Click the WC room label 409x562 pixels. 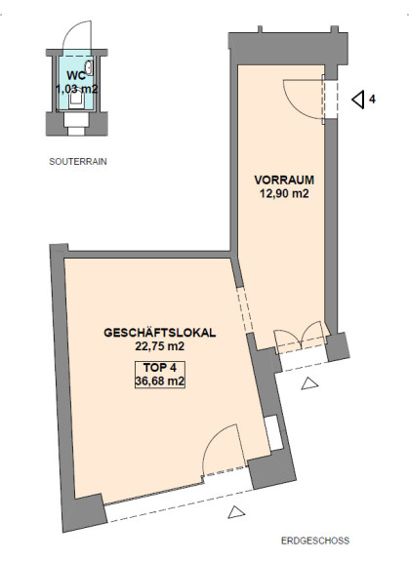76,76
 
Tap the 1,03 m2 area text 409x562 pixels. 77,89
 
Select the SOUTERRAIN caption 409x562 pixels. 78,162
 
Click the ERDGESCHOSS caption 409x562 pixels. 315,541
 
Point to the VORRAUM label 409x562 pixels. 284,180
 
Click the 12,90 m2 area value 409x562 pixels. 284,193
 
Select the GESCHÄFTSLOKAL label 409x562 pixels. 160,333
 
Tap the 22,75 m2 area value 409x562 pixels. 160,346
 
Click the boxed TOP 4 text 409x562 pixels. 160,368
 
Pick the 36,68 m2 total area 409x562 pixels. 160,381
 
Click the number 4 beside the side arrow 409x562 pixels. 373,100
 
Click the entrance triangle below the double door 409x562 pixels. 309,383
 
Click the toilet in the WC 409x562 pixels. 76,100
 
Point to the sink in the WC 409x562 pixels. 89,67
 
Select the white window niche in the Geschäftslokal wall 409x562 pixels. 274,433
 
